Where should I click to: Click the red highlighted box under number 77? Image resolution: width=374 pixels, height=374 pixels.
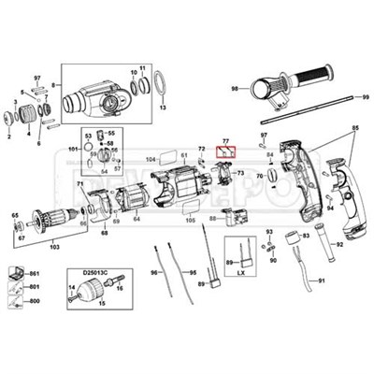(x=226, y=150)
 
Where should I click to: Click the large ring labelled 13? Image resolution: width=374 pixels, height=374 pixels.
(x=161, y=86)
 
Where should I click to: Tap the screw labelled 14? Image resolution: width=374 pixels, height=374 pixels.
(x=72, y=300)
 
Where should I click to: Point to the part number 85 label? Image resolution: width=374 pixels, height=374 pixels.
(x=352, y=126)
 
